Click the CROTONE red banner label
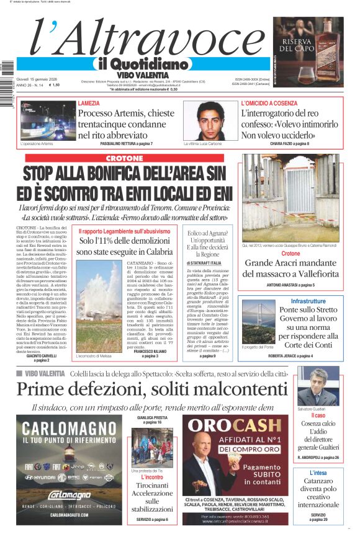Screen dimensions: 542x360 [x=124, y=159]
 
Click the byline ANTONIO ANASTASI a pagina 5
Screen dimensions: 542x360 [x=290, y=285]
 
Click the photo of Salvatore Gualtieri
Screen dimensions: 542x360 [x=317, y=386]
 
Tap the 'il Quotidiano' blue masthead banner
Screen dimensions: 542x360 [x=142, y=64]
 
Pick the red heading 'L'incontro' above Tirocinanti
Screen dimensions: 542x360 [x=152, y=477]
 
